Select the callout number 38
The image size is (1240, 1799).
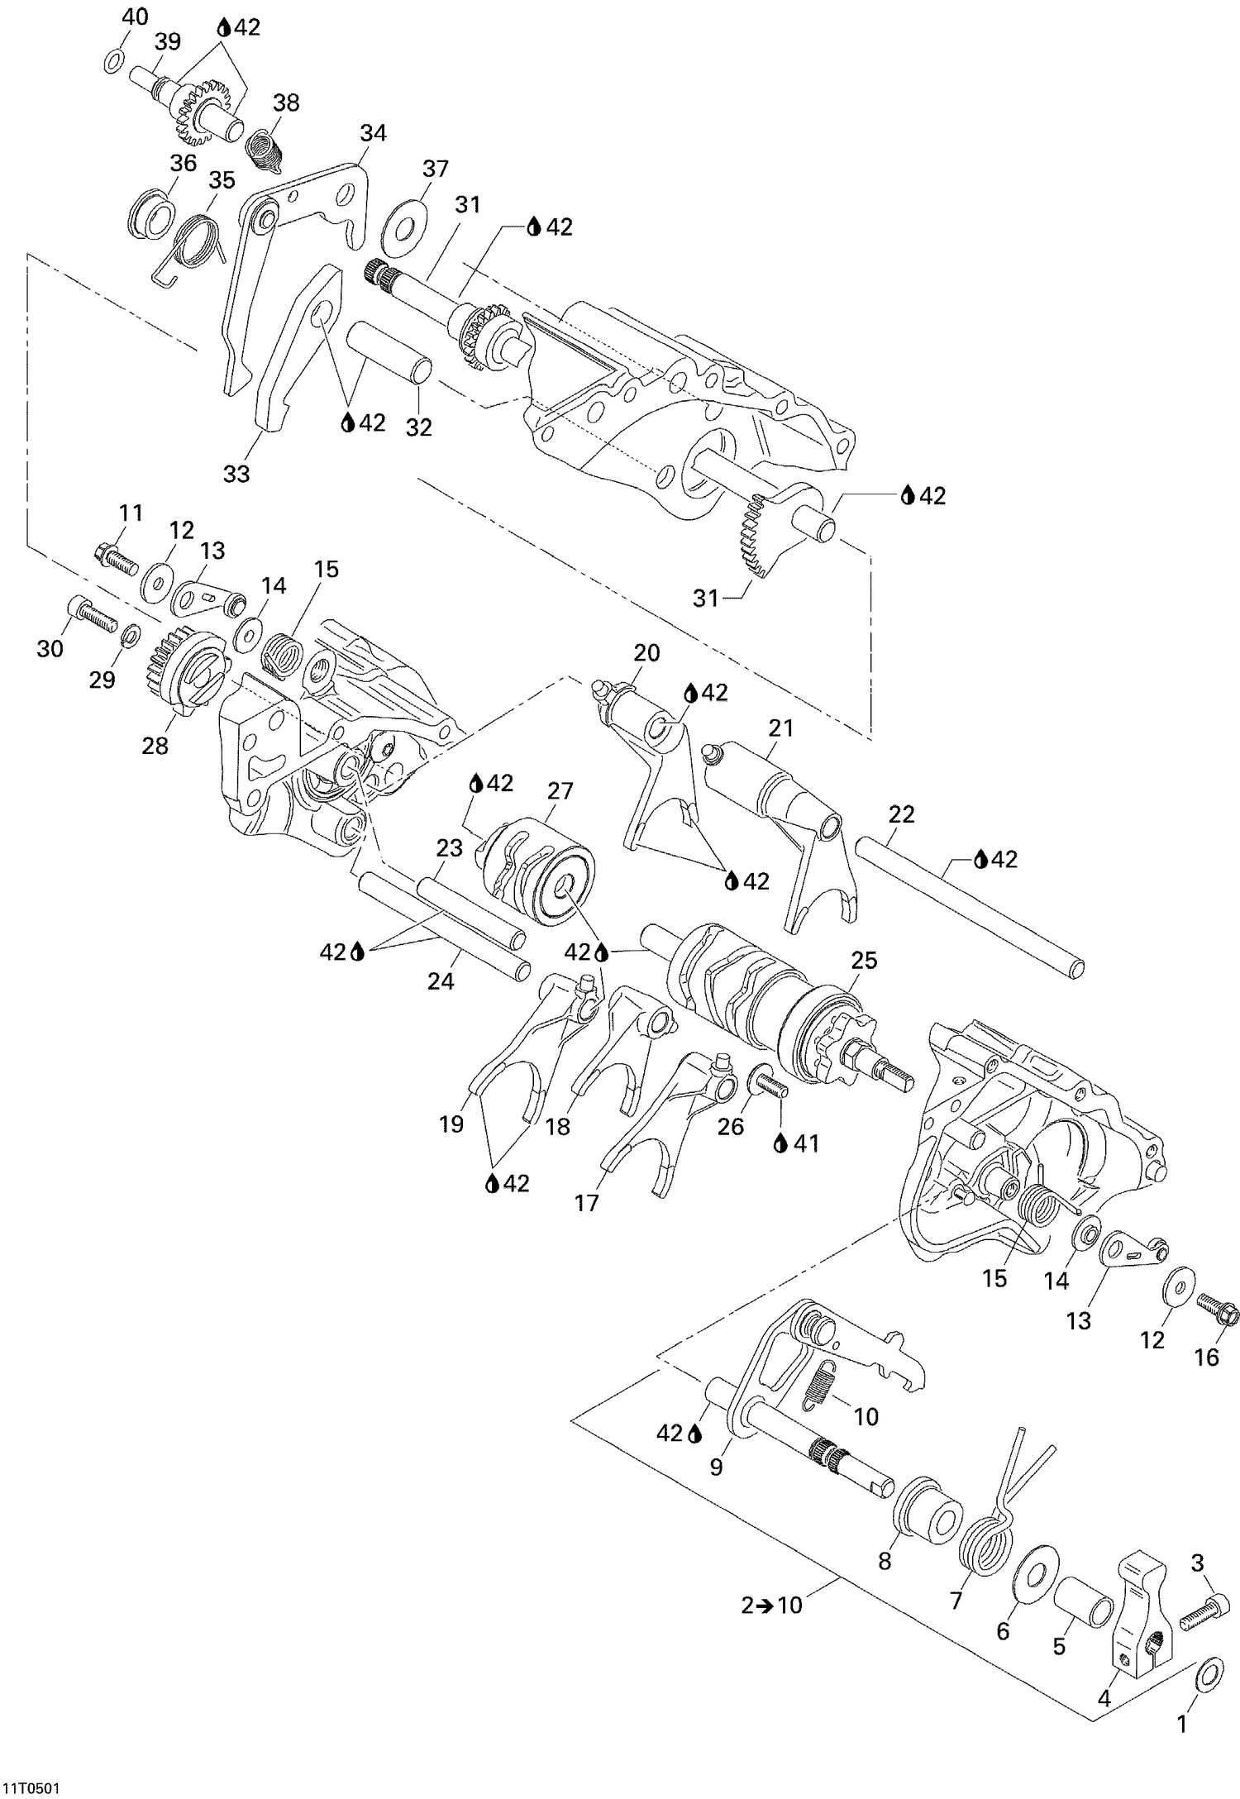tap(286, 103)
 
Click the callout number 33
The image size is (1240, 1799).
tap(236, 474)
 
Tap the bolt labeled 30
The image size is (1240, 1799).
tap(90, 613)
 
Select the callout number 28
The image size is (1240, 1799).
tap(155, 745)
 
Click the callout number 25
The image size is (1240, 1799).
tap(864, 962)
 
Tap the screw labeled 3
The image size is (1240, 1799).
tap(1198, 1614)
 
